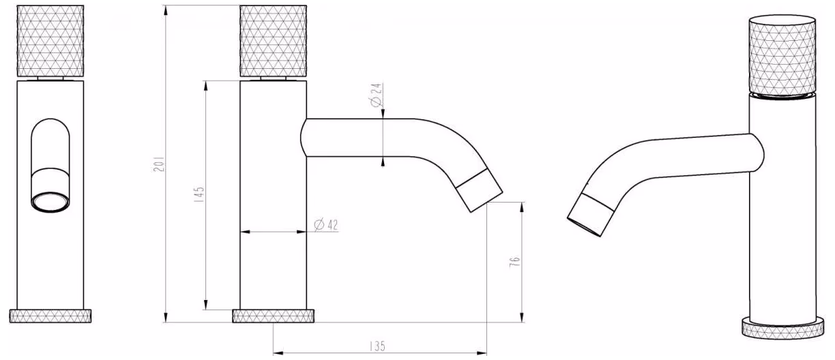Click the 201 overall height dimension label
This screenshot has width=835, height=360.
coord(159,164)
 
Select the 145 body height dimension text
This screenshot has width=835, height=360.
coord(199,194)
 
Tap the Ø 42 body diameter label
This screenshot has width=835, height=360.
coord(326,225)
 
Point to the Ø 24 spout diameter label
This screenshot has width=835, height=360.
coord(377,95)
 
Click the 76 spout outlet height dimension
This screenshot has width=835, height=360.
coord(514,262)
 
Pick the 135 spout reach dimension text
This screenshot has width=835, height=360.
coord(377,346)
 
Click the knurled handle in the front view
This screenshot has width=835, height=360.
coord(50,41)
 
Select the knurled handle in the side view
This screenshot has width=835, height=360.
coord(274,41)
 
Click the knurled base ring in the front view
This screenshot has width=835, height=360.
coord(50,316)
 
